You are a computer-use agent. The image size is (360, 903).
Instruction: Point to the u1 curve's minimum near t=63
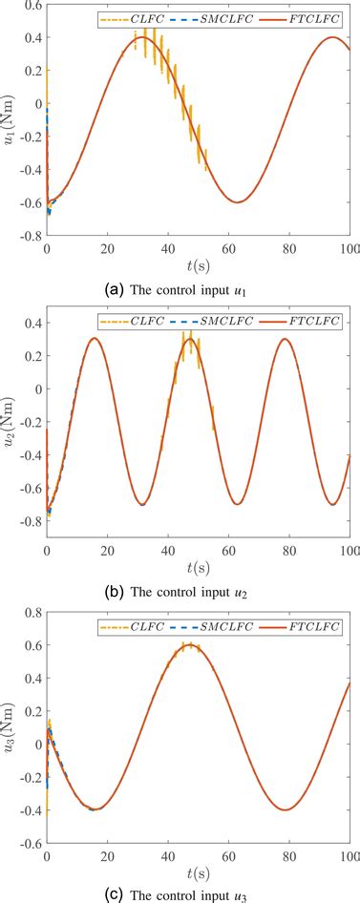point(237,201)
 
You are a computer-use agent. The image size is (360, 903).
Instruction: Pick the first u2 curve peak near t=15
point(93,339)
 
